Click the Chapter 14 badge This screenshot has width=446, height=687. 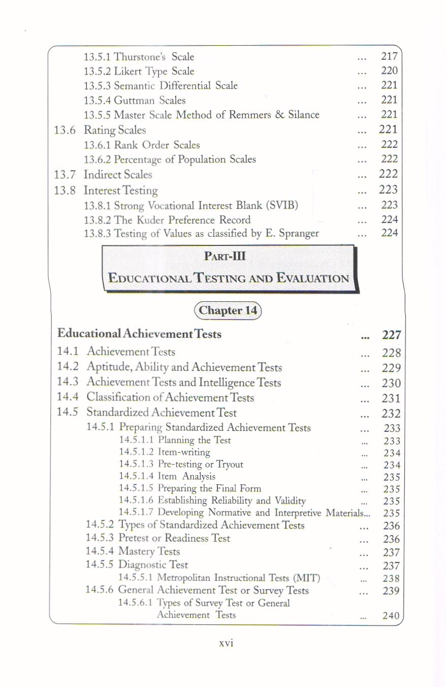click(x=228, y=310)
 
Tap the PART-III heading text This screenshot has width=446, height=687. click(x=225, y=257)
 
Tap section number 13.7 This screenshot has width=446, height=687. click(x=65, y=174)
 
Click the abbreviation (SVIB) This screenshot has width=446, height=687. click(x=280, y=205)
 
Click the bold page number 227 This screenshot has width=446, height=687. click(x=392, y=335)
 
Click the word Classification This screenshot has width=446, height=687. click(x=120, y=397)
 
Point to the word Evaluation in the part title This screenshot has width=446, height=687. click(x=313, y=278)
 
